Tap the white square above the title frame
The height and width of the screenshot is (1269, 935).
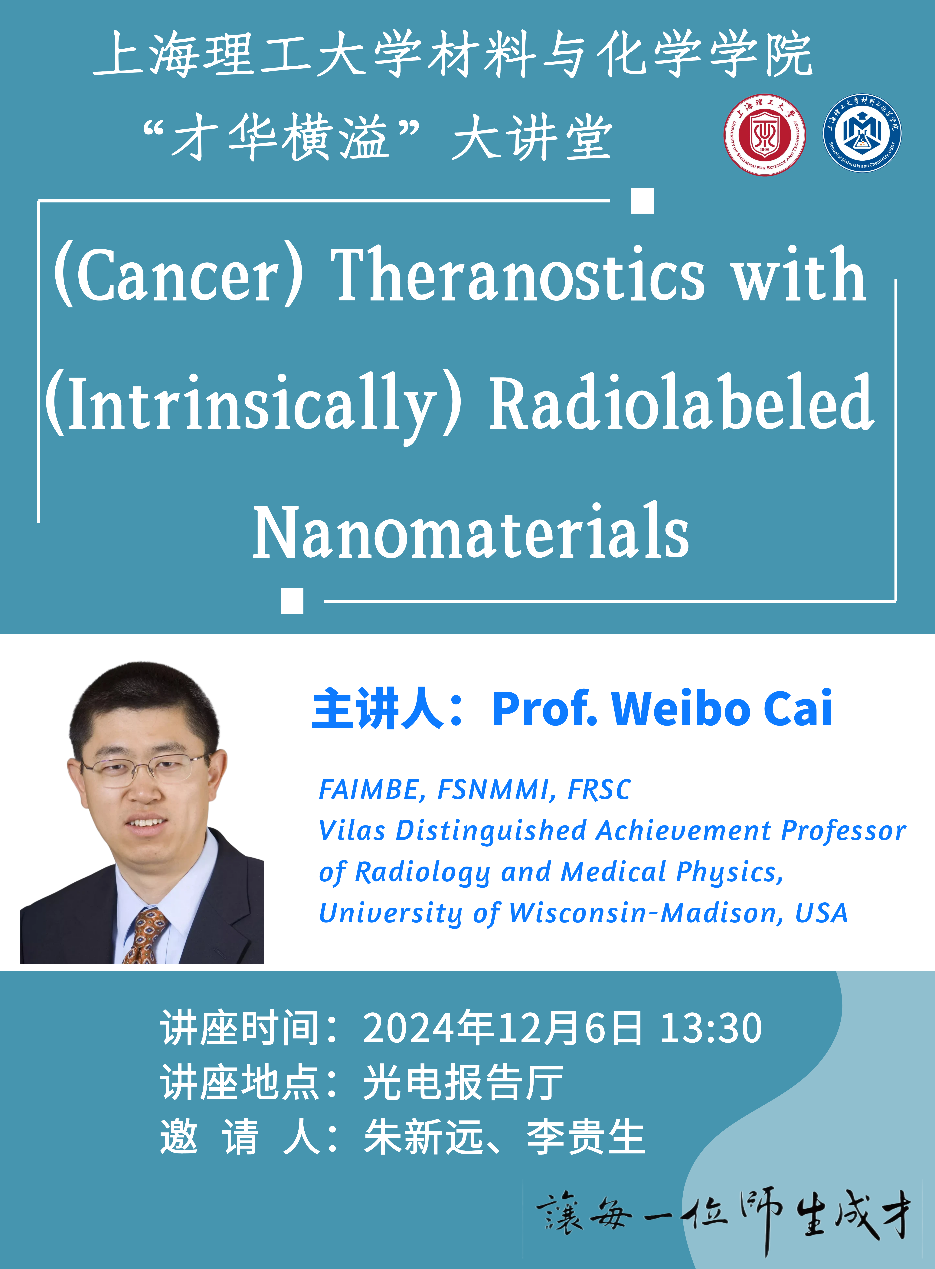tap(642, 201)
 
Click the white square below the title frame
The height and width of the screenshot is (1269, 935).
tap(292, 601)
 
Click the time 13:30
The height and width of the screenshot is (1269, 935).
tap(711, 1028)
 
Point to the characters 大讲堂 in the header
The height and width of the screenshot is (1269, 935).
tap(532, 138)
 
